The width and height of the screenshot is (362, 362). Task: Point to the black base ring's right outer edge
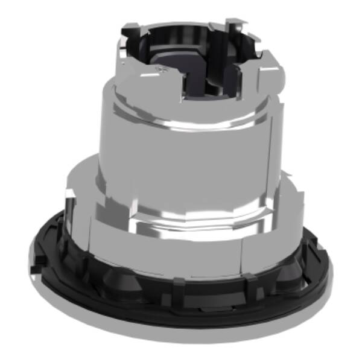click(x=329, y=271)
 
